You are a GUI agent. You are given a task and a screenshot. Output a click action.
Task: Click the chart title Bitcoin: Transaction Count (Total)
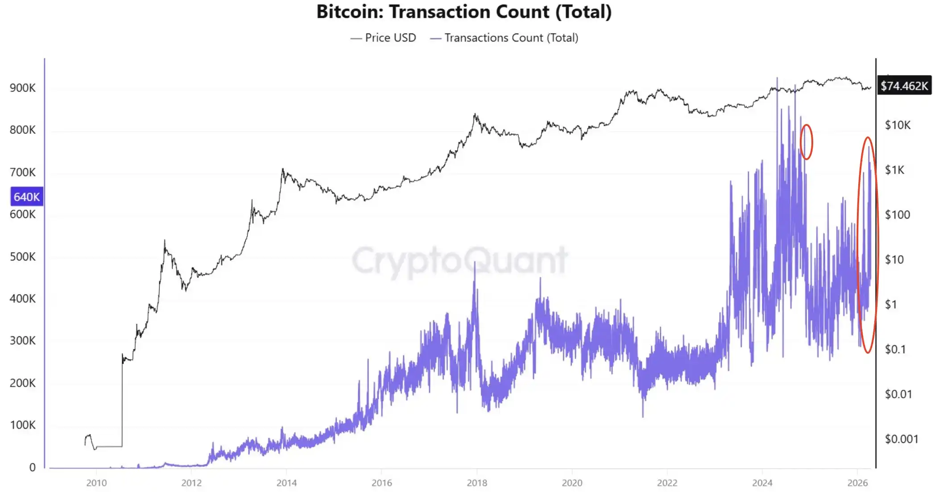point(464,12)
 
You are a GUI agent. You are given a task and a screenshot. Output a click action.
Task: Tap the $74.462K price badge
point(904,86)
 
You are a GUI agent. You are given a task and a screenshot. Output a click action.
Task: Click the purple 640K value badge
point(27,197)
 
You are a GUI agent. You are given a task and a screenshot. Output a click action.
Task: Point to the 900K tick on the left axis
point(23,88)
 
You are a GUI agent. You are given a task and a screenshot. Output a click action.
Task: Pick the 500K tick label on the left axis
point(23,257)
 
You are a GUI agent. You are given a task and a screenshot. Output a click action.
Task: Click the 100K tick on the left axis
point(23,425)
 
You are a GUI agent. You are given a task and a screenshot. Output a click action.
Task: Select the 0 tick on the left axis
point(33,467)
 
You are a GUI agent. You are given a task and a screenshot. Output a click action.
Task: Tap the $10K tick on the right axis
point(898,125)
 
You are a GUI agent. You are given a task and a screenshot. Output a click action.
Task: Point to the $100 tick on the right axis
point(897,215)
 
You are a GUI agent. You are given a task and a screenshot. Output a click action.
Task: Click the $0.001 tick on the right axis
point(901,439)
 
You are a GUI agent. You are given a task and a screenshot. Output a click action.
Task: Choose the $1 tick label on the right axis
point(891,305)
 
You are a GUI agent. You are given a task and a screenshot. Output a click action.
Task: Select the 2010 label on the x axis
point(96,483)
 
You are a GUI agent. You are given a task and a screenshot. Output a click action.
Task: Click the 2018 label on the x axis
point(477,483)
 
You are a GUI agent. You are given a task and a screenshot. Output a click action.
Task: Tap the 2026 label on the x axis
point(857,483)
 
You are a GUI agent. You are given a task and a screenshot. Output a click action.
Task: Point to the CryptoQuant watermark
point(459,261)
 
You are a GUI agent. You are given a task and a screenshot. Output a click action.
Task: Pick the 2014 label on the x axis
point(286,483)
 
